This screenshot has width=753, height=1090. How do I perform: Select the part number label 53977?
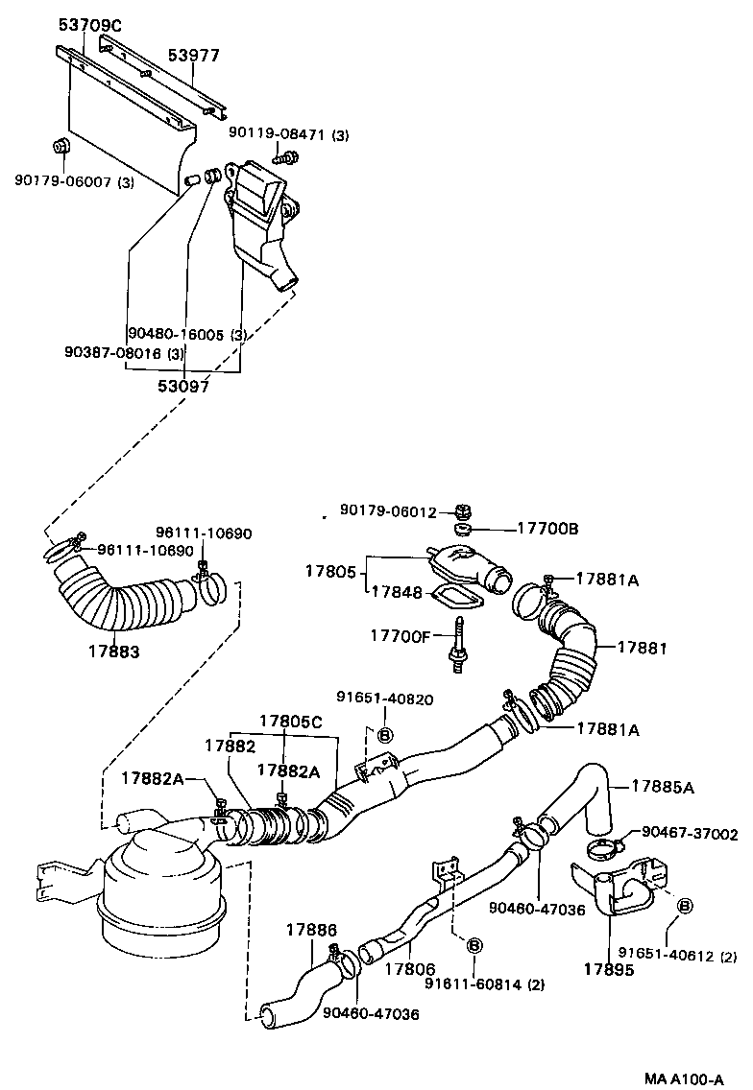click(x=194, y=56)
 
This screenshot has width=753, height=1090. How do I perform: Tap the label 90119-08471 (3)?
click(x=288, y=135)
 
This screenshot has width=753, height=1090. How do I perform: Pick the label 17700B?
click(x=548, y=528)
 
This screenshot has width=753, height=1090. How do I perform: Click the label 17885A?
click(x=662, y=787)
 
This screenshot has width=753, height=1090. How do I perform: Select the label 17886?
click(x=311, y=930)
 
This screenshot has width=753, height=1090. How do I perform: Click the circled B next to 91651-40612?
click(x=685, y=906)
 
